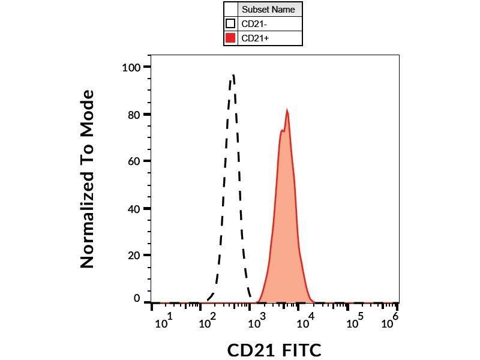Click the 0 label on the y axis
pyautogui.click(x=137, y=299)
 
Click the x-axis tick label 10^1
pyautogui.click(x=164, y=321)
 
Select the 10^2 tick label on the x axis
pyautogui.click(x=209, y=321)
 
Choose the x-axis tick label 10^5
pyautogui.click(x=356, y=321)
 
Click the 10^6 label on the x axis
pyautogui.click(x=391, y=321)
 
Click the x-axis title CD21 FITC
pyautogui.click(x=274, y=350)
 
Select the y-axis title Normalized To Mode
pyautogui.click(x=88, y=179)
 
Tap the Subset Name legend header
pyautogui.click(x=268, y=10)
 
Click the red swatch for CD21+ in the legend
pyautogui.click(x=230, y=38)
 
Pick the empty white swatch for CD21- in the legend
pyautogui.click(x=230, y=24)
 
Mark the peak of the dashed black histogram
pyautogui.click(x=233, y=76)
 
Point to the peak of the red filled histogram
pyautogui.click(x=287, y=110)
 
